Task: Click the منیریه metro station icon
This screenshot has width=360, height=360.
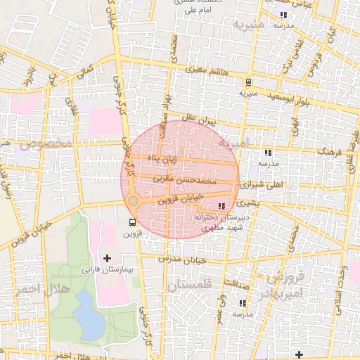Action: coord(247,82)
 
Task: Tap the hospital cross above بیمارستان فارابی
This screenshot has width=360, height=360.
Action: coord(107,258)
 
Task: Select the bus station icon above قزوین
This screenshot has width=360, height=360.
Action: coord(133,224)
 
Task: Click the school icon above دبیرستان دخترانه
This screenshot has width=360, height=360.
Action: coord(222,206)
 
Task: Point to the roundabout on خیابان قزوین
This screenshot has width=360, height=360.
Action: coord(133,202)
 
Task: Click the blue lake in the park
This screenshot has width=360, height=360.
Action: coord(86,315)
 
